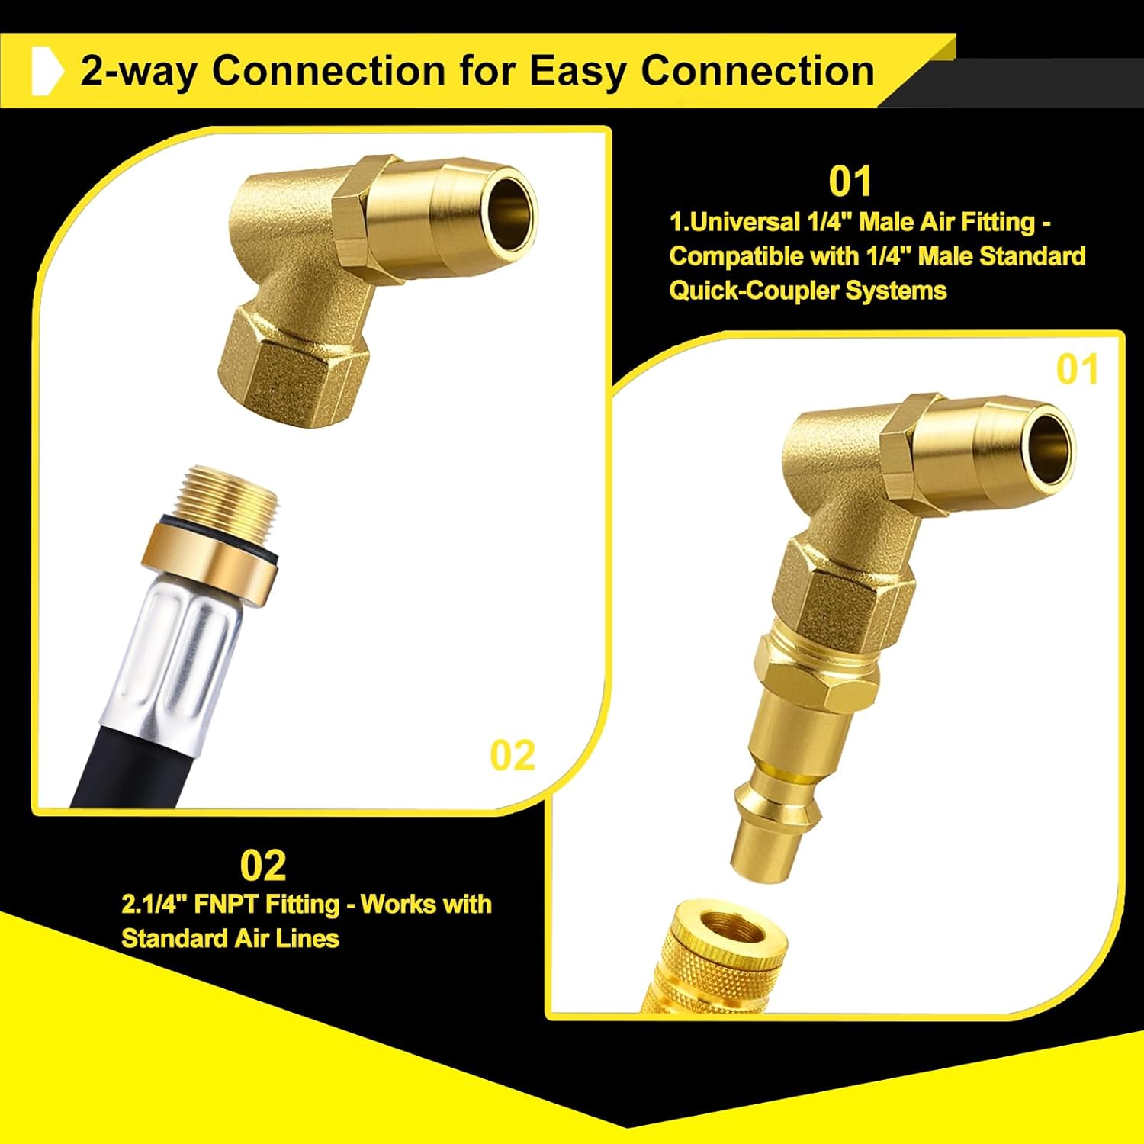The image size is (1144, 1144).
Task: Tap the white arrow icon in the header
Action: tap(47, 70)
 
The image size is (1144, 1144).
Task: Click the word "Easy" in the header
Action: tap(578, 72)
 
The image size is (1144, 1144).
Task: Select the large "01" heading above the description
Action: tap(850, 182)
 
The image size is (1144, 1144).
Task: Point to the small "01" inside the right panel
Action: tap(1077, 369)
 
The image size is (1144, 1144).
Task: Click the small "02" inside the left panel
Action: tap(513, 755)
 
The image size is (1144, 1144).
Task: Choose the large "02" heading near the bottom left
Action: tap(263, 865)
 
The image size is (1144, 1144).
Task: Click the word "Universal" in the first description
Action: tap(741, 222)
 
